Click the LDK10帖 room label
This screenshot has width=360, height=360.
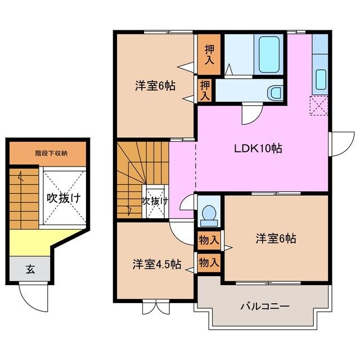pyautogui.click(x=258, y=149)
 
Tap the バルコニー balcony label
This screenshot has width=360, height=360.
pyautogui.click(x=265, y=307)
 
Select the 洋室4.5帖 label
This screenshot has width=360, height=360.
pyautogui.click(x=157, y=264)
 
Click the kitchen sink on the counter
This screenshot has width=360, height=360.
pyautogui.click(x=321, y=79)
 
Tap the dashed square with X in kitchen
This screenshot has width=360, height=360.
pyautogui.click(x=319, y=106)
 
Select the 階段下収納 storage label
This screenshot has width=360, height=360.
pyautogui.click(x=48, y=152)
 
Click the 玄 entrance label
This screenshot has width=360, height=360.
pyautogui.click(x=30, y=269)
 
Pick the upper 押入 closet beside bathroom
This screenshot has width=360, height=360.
pyautogui.click(x=209, y=55)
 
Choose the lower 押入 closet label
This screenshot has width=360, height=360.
pyautogui.click(x=204, y=91)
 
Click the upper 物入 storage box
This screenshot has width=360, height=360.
pyautogui.click(x=209, y=240)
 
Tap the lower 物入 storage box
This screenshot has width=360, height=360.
pyautogui.click(x=209, y=262)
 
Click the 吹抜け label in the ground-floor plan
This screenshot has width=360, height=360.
pyautogui.click(x=63, y=198)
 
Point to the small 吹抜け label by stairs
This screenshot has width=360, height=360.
pyautogui.click(x=154, y=200)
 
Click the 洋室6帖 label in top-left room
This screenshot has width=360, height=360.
pyautogui.click(x=155, y=86)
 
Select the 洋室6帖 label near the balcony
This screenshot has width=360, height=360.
pyautogui.click(x=276, y=238)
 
